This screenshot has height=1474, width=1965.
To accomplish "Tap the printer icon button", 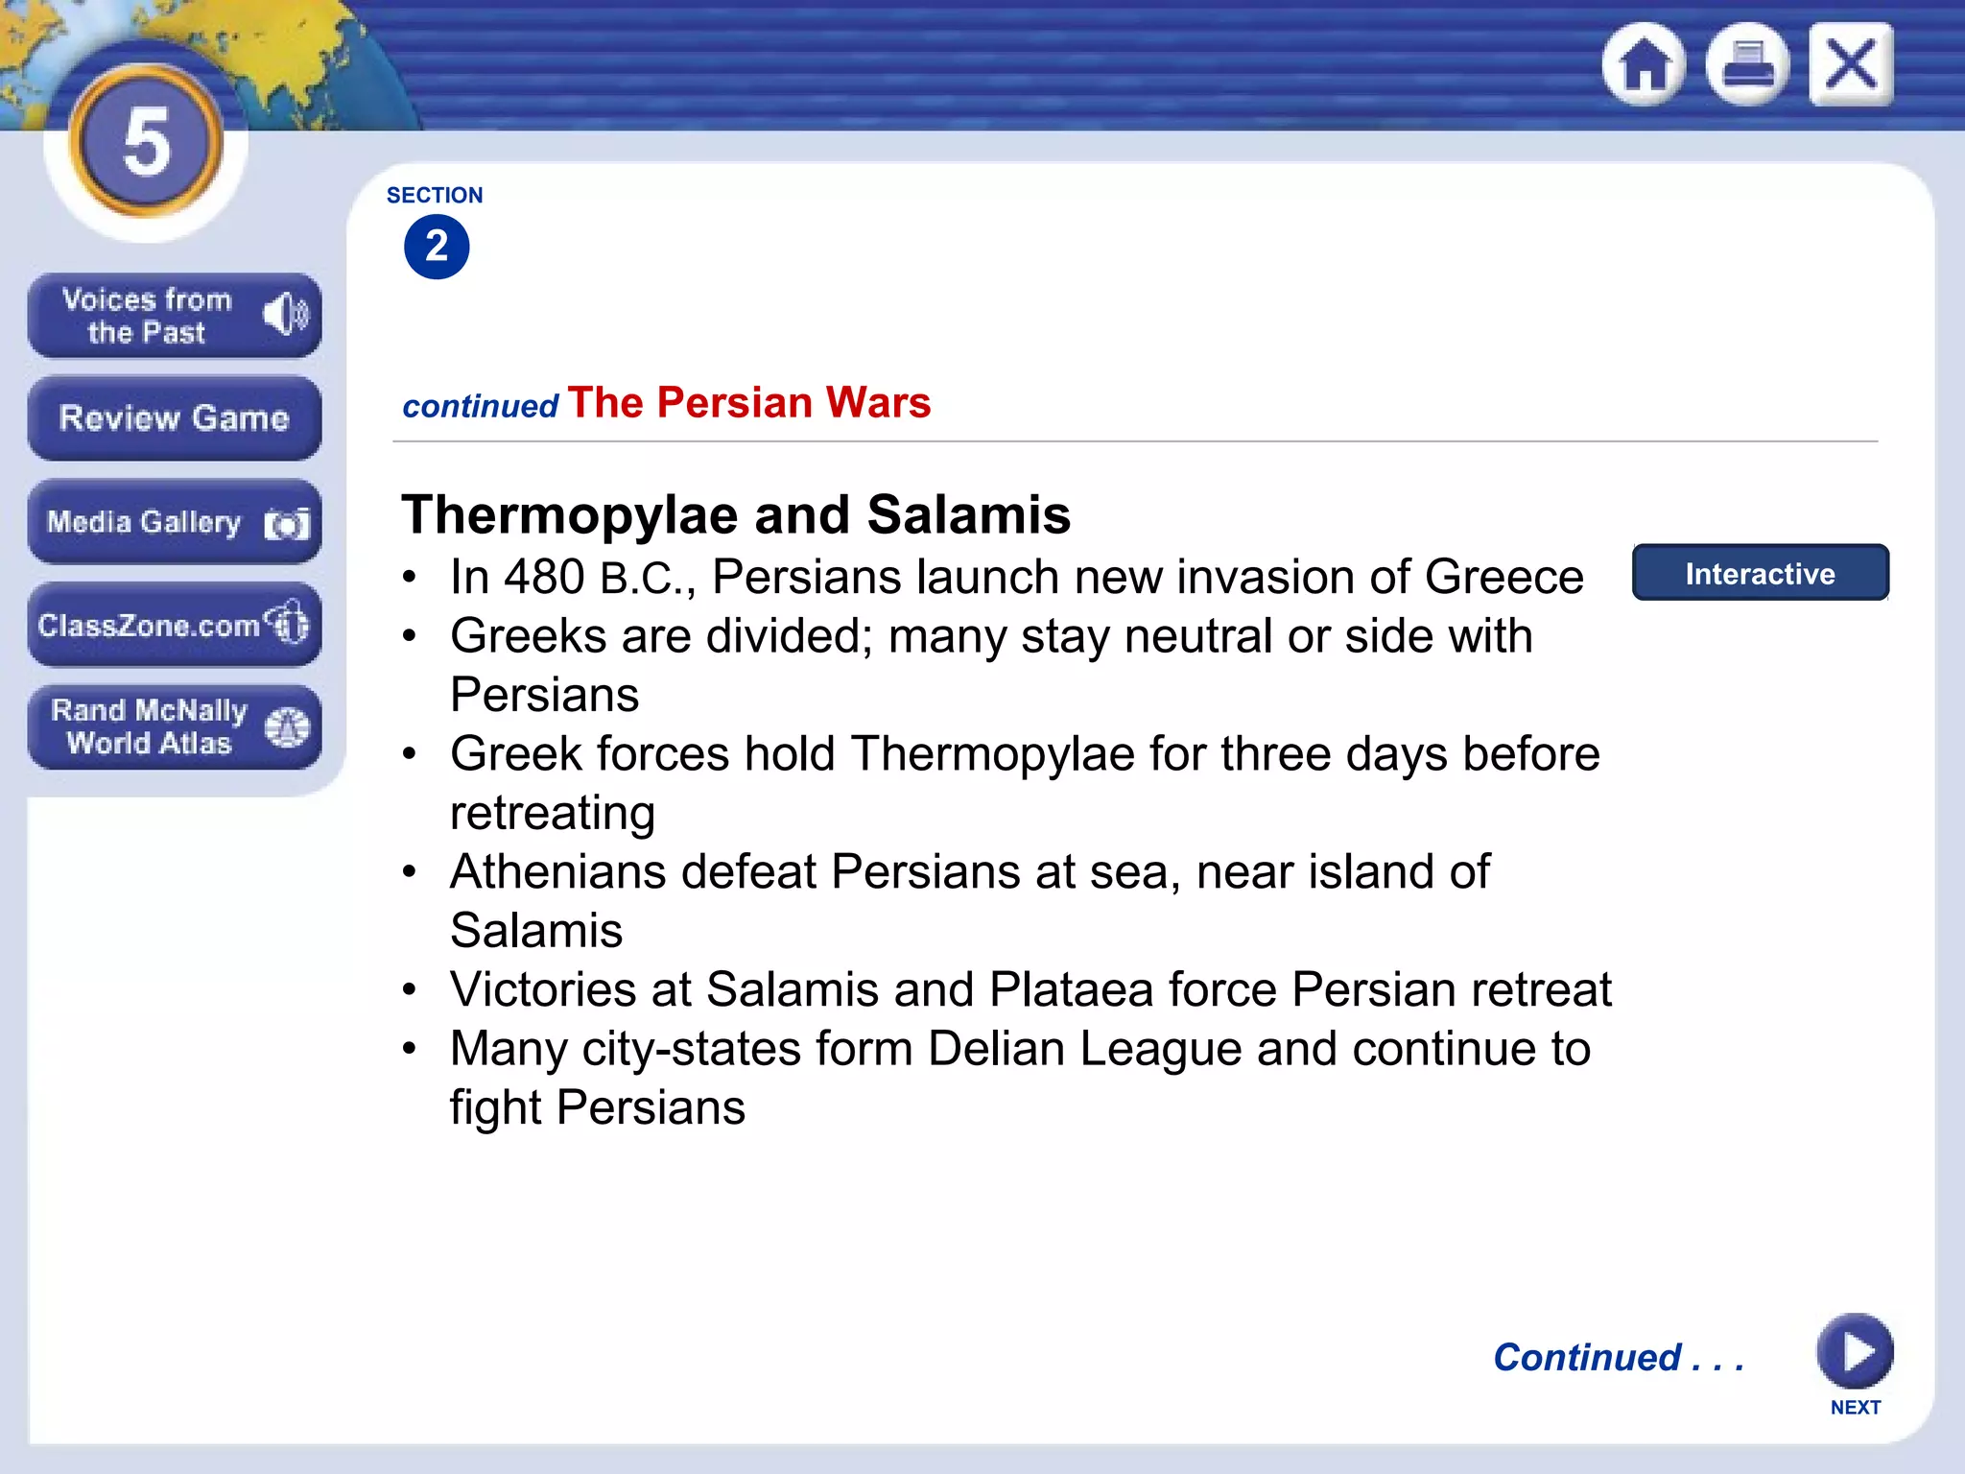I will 1747,64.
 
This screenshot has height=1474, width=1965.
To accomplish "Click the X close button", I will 1851,64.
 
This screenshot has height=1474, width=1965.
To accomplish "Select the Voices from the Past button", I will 174,316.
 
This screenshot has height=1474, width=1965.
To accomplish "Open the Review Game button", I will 174,418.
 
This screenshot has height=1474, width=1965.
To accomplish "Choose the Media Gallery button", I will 174,522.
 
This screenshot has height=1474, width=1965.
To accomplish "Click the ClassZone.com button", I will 174,625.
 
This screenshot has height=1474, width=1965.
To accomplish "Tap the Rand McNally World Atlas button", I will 174,727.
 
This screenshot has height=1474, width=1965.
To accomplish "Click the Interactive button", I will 1760,573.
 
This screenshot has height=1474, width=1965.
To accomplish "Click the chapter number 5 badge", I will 146,142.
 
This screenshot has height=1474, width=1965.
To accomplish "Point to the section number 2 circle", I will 437,247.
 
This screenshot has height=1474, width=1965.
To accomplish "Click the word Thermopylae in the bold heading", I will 570,515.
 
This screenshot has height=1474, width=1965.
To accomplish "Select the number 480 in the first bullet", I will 544,578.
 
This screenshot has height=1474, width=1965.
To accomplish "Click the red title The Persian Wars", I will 748,403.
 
